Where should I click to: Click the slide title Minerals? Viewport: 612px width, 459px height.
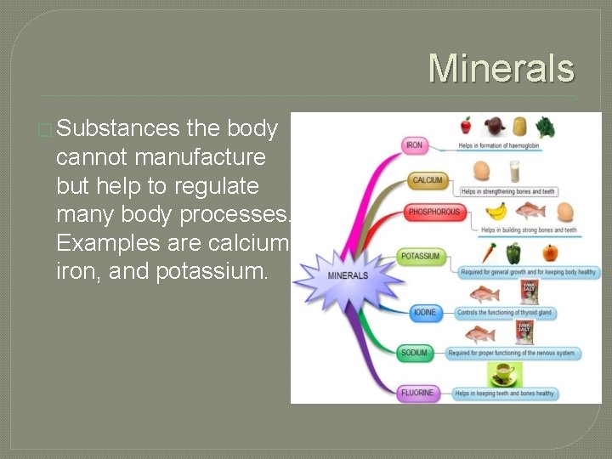[x=501, y=69]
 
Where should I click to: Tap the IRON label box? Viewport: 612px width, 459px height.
[x=414, y=145]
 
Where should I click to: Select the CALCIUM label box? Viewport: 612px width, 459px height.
[x=427, y=180]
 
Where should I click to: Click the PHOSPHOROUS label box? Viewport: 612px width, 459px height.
[x=434, y=212]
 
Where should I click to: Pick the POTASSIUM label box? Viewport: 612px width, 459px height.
[x=421, y=256]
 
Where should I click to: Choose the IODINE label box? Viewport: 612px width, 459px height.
[x=424, y=313]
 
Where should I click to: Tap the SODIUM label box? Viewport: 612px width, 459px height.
[x=414, y=353]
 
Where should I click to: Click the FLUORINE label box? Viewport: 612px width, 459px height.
[x=417, y=393]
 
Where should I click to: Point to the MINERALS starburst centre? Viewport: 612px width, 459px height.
[x=348, y=276]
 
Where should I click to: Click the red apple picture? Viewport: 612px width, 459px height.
[x=466, y=126]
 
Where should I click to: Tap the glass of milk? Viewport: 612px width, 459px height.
[x=513, y=171]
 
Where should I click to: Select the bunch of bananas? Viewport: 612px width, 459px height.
[x=496, y=211]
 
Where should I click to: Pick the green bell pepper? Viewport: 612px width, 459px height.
[x=513, y=252]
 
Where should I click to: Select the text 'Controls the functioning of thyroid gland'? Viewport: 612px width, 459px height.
[x=504, y=313]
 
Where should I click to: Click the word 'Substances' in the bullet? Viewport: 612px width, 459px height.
[x=118, y=129]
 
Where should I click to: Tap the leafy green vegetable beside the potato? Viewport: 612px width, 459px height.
[x=545, y=127]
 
